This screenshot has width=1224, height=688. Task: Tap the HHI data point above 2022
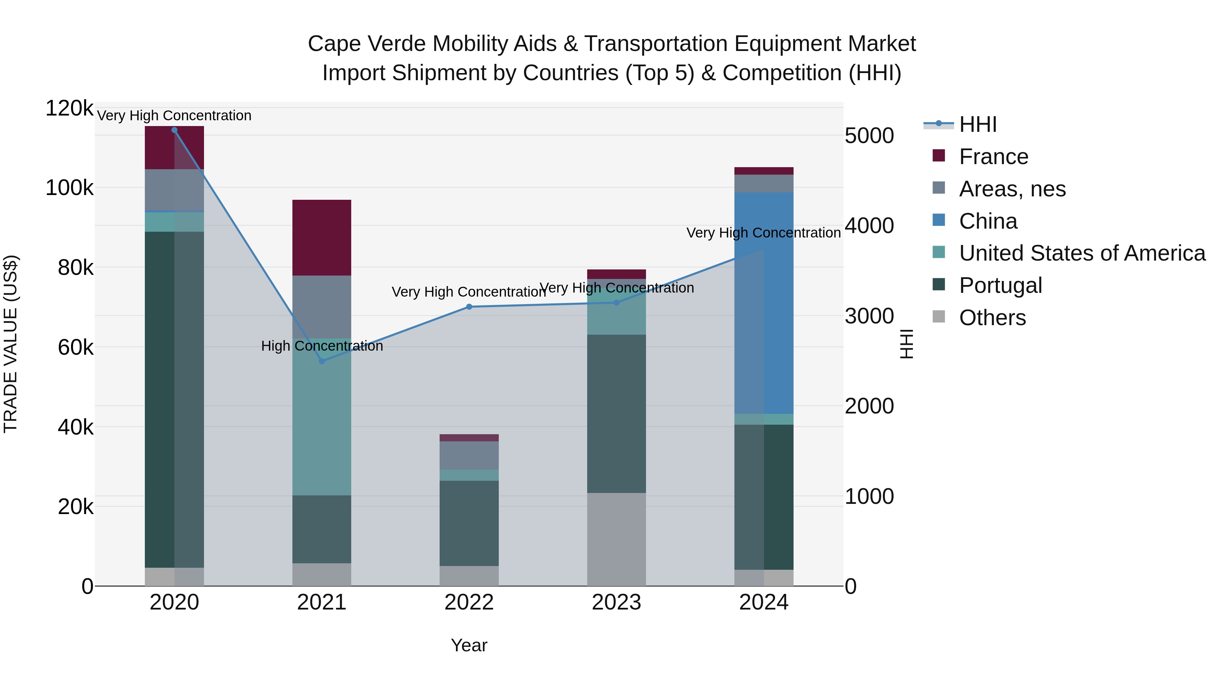[x=469, y=307]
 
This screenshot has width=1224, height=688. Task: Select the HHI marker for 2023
[x=616, y=302]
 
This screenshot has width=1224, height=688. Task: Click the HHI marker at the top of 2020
[x=174, y=130]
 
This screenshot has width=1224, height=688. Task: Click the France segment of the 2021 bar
[x=322, y=237]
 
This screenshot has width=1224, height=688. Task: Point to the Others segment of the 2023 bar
[x=616, y=539]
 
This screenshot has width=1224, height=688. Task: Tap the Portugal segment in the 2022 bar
[x=469, y=522]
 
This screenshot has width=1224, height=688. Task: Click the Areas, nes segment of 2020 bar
[x=174, y=190]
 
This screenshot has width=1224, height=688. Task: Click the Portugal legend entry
[x=1000, y=285]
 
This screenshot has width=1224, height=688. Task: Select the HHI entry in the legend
[x=978, y=124]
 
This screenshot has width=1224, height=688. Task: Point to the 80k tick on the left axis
[x=75, y=268]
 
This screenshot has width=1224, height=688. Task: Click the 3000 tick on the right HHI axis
[x=869, y=316]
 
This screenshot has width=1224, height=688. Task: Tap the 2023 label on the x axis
[x=616, y=602]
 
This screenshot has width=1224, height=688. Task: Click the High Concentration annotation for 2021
[x=322, y=346]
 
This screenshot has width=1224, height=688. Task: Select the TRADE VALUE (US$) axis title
[x=11, y=344]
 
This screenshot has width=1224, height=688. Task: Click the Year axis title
[x=469, y=645]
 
